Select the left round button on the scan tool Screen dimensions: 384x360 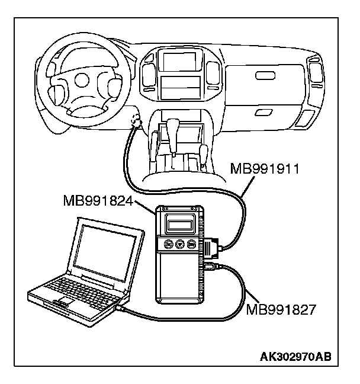pyautogui.click(x=168, y=245)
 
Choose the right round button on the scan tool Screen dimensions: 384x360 pyautogui.click(x=191, y=245)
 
